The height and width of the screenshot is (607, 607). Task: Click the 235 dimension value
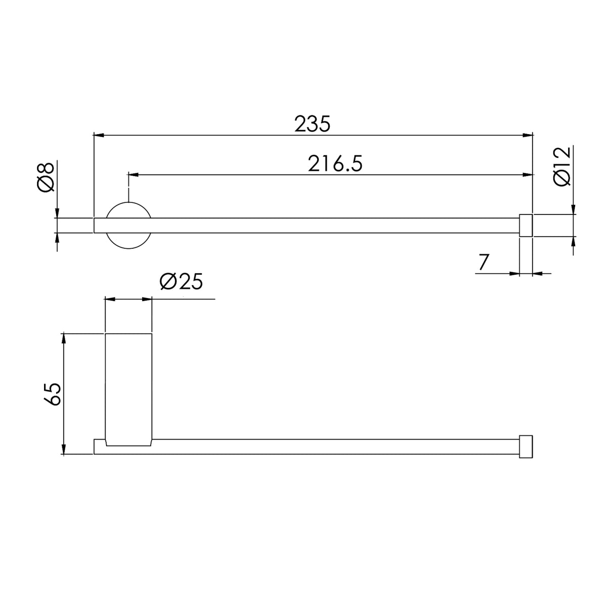click(312, 124)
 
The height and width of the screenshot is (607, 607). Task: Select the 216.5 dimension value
click(335, 163)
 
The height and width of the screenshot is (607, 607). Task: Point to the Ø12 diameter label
click(561, 166)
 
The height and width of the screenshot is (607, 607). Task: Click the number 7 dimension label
click(483, 262)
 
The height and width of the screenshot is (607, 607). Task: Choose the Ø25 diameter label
click(181, 281)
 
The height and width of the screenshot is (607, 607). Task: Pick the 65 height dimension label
click(52, 394)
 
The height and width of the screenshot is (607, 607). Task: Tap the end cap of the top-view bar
click(526, 225)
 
